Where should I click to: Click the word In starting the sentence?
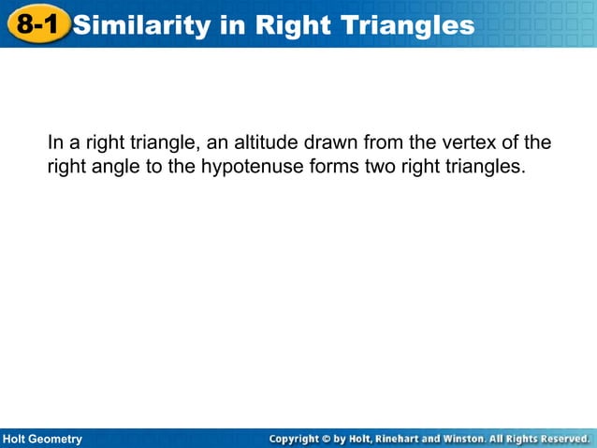point(55,143)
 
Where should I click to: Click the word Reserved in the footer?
point(562,439)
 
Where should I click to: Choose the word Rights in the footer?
point(519,439)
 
